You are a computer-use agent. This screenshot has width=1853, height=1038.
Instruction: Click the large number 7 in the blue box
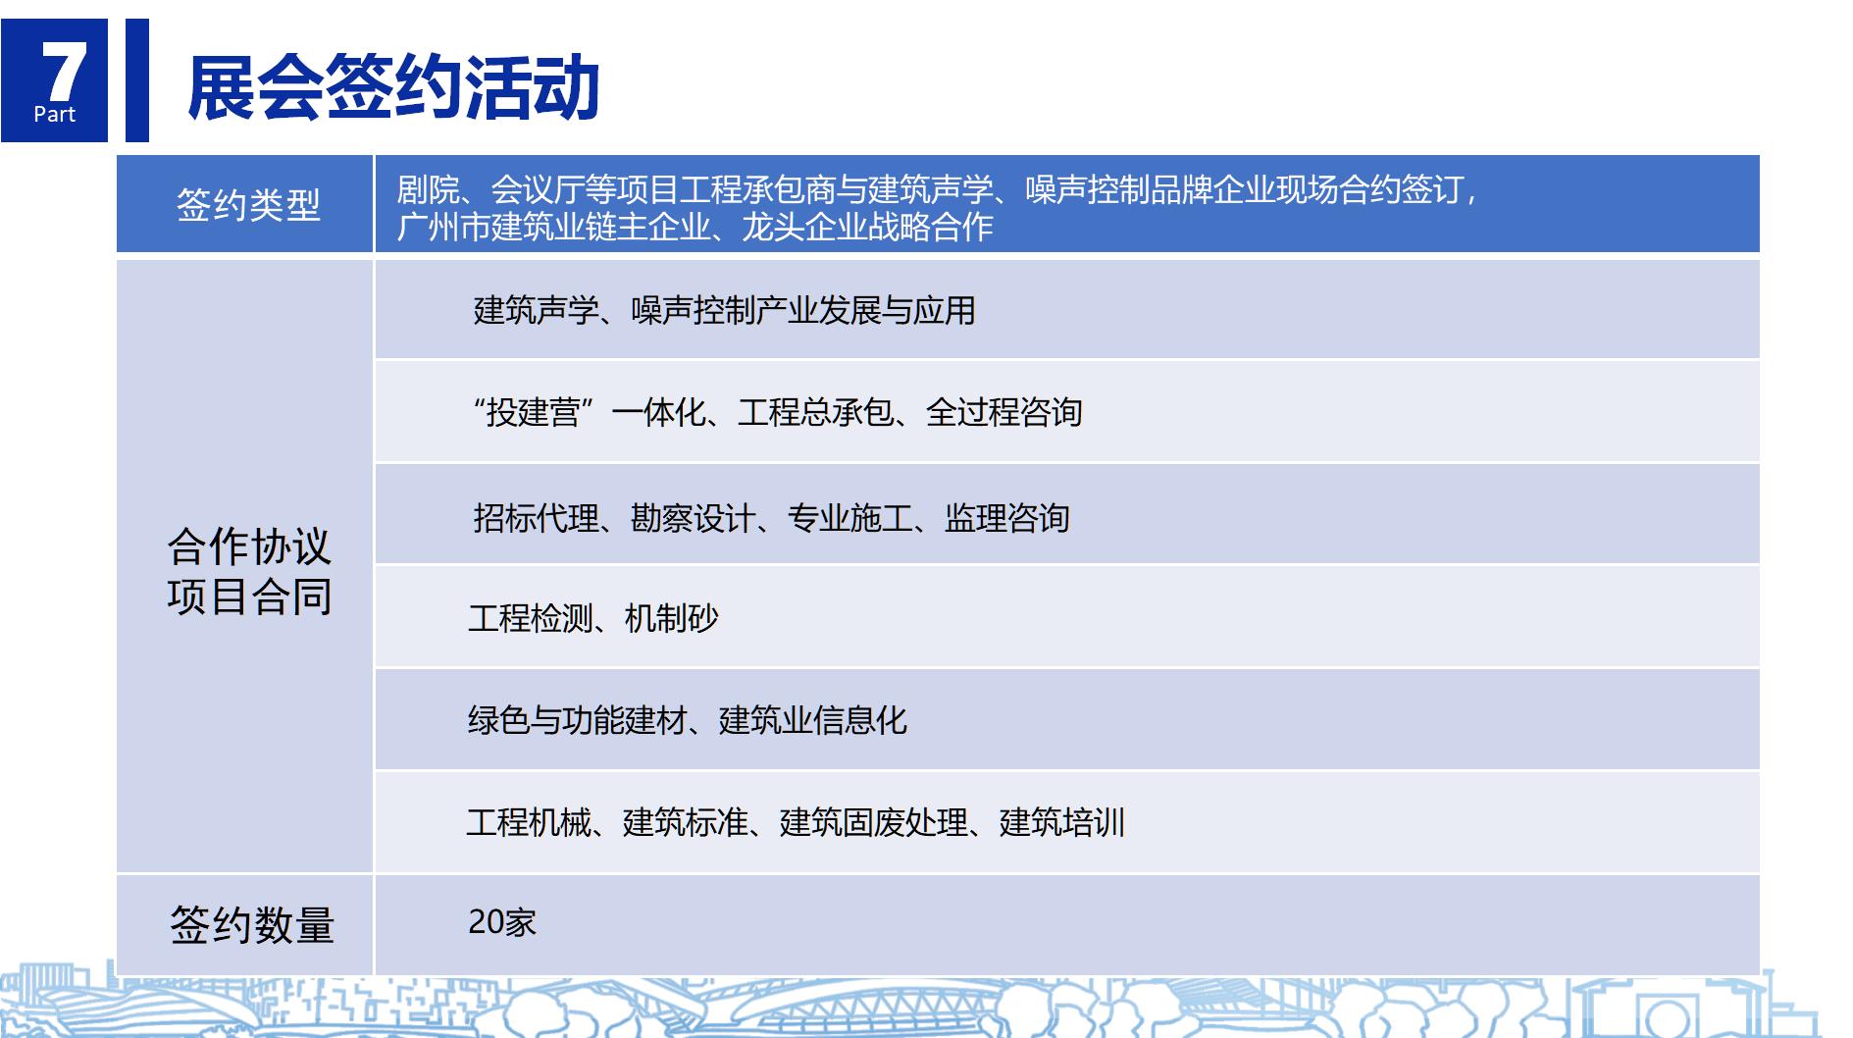coord(64,72)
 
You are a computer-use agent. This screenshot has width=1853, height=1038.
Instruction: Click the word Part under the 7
coord(54,115)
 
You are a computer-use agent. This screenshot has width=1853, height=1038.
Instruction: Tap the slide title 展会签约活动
coord(393,87)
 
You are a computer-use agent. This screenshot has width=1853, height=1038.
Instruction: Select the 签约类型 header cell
coord(248,205)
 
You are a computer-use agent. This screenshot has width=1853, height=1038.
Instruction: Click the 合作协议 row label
coord(249,546)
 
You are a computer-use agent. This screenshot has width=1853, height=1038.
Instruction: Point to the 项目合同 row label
coord(249,597)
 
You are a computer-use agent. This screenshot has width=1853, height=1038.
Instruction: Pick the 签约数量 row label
coord(252,925)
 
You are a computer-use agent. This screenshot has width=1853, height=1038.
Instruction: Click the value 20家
coord(502,922)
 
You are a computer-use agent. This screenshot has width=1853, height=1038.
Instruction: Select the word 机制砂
coord(672,618)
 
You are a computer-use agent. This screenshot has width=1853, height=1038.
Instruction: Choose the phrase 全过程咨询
coord(1004,412)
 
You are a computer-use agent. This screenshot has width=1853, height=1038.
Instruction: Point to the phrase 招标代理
coord(536,517)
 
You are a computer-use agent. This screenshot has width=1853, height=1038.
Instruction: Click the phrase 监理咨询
coord(1007,517)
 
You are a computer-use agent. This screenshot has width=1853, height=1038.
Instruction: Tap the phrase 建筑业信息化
coord(813,720)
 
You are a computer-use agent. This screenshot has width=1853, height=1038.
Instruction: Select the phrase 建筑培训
coord(1062,821)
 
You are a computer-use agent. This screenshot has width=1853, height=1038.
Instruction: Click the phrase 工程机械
coord(530,821)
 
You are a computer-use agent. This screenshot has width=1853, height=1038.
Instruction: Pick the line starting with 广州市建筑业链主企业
coord(695,227)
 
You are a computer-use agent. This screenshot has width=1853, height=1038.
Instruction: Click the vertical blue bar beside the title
coord(137,80)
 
